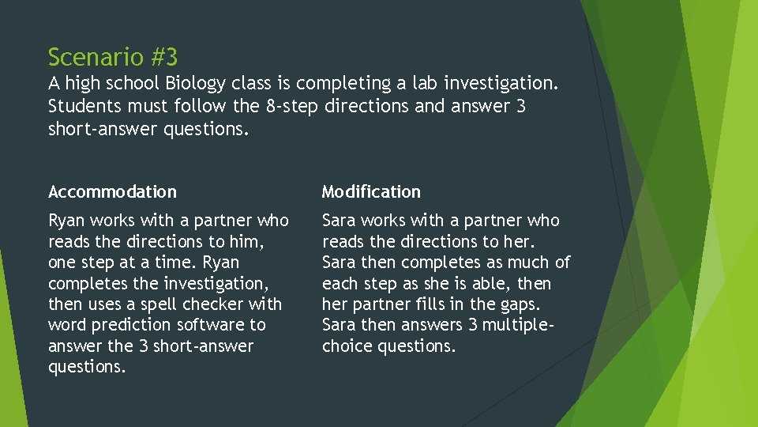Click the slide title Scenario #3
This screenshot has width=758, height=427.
pyautogui.click(x=113, y=57)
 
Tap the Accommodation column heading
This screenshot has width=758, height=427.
pyautogui.click(x=112, y=191)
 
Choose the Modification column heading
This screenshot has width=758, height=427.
pyautogui.click(x=371, y=191)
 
